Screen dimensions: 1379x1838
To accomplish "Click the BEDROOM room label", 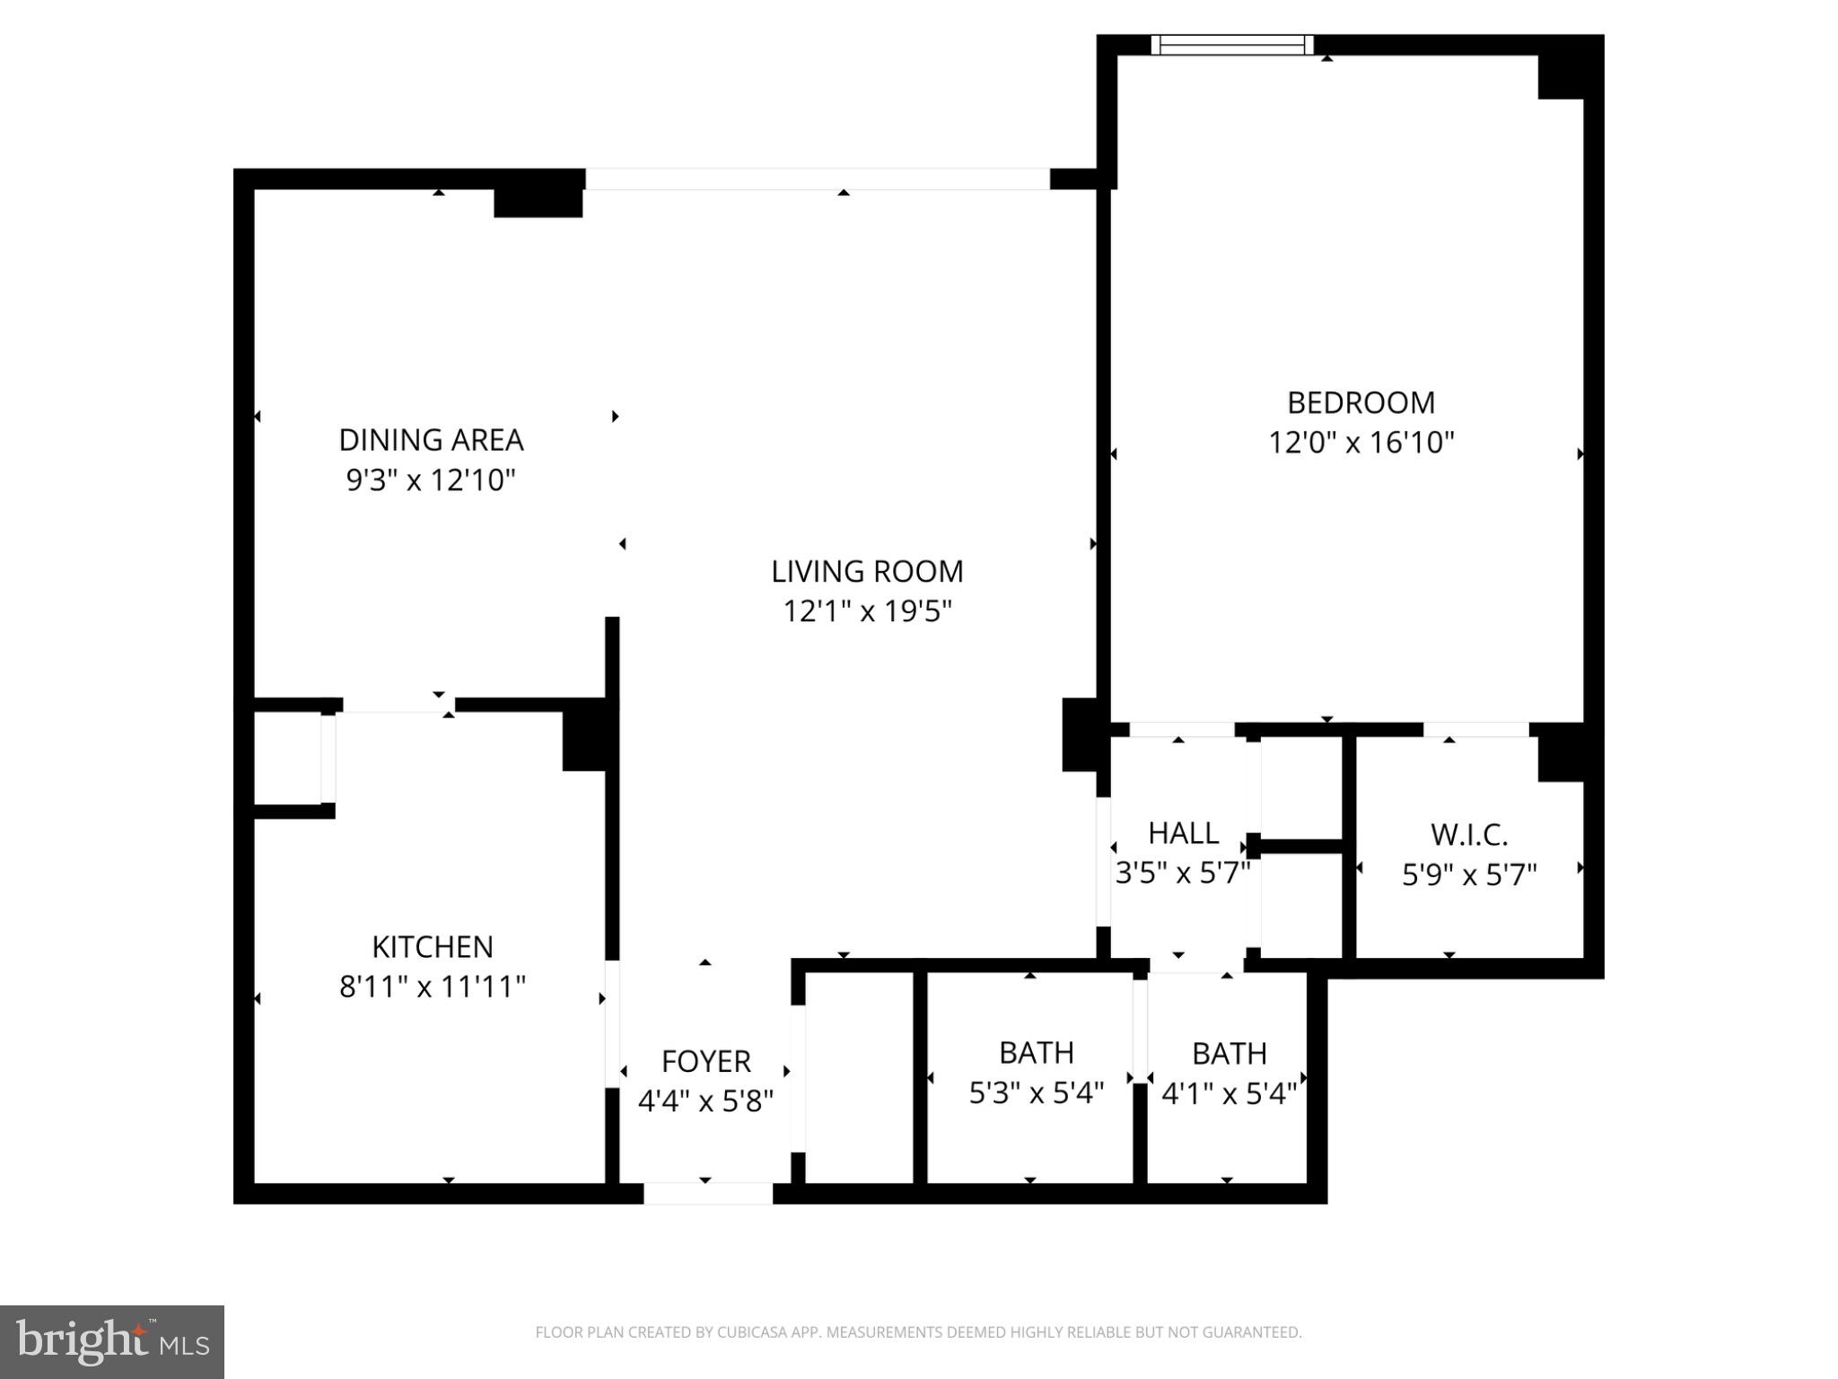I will pyautogui.click(x=1361, y=402).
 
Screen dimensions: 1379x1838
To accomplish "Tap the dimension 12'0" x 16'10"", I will pyautogui.click(x=1361, y=443).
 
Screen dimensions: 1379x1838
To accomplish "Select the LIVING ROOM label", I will pyautogui.click(x=867, y=571).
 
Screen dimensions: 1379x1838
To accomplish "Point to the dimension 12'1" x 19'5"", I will pyautogui.click(x=867, y=611).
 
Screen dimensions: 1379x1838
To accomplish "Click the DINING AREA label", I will pyautogui.click(x=431, y=440).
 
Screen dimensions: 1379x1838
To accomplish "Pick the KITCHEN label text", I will pyautogui.click(x=433, y=946).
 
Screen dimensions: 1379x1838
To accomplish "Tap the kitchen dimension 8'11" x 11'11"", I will pyautogui.click(x=433, y=987).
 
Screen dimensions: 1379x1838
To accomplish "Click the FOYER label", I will pyautogui.click(x=705, y=1061).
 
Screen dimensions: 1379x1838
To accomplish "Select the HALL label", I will pyautogui.click(x=1183, y=833).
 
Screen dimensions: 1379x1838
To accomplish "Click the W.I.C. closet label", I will pyautogui.click(x=1469, y=835).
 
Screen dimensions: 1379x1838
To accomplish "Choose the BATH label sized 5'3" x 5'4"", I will pyautogui.click(x=1037, y=1052).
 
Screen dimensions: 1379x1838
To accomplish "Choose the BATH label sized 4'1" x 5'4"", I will pyautogui.click(x=1230, y=1053).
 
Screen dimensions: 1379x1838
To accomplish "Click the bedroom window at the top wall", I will pyautogui.click(x=1232, y=45).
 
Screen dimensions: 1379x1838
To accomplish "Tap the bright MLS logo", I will pyautogui.click(x=112, y=1341).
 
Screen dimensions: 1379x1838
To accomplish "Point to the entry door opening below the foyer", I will pyautogui.click(x=708, y=1193).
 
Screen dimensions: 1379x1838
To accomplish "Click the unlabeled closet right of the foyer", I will pyautogui.click(x=859, y=1077).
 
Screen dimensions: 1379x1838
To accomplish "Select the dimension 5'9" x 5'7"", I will pyautogui.click(x=1469, y=874).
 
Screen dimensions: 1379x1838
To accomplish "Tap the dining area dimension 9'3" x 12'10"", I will pyautogui.click(x=431, y=480).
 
